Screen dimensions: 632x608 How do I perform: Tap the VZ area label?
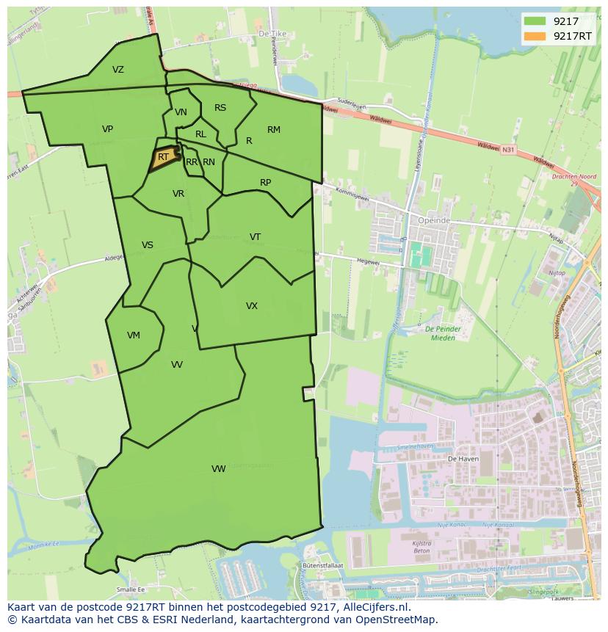(118, 70)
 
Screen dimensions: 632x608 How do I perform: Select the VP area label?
(107, 129)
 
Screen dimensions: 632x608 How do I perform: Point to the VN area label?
(181, 112)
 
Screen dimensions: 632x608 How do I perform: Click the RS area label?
(220, 108)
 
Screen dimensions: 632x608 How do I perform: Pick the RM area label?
(274, 130)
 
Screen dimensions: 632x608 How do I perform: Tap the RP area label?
(266, 183)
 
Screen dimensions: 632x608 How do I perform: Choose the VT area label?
(255, 236)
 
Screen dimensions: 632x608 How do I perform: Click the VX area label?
(252, 306)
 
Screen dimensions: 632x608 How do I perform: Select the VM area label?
(133, 335)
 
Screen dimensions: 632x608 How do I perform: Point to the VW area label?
(218, 469)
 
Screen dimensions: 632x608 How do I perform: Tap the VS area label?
(148, 245)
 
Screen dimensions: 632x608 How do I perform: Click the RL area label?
(200, 134)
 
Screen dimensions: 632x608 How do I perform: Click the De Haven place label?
(463, 457)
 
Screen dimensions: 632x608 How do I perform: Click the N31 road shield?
(507, 149)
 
